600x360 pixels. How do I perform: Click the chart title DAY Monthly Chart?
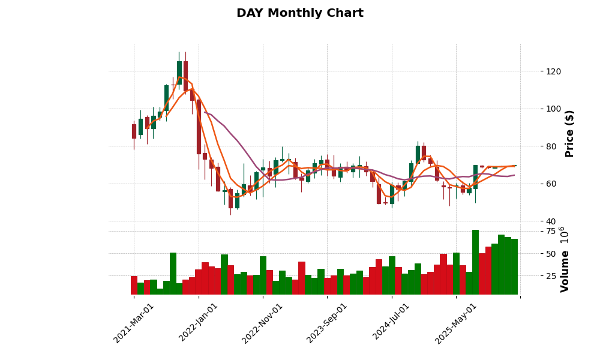tap(299, 13)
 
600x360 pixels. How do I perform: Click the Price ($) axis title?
tap(569, 133)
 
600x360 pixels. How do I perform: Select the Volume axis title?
tap(565, 259)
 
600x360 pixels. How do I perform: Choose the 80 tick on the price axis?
tap(551, 146)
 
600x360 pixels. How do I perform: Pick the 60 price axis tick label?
tap(551, 184)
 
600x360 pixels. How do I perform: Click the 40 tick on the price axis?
tap(551, 221)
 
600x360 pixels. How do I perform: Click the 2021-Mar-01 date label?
tap(134, 322)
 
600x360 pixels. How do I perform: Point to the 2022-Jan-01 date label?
tap(199, 322)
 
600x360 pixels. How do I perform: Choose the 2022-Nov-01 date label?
tap(262, 322)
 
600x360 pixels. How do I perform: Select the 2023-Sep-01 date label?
tap(327, 322)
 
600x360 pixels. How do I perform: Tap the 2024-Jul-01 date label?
tap(391, 322)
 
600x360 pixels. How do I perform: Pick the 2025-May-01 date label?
tap(456, 322)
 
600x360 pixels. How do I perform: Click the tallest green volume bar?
tap(475, 262)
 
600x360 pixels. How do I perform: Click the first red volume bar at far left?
tap(134, 285)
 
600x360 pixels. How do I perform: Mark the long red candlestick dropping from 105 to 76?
tap(199, 127)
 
